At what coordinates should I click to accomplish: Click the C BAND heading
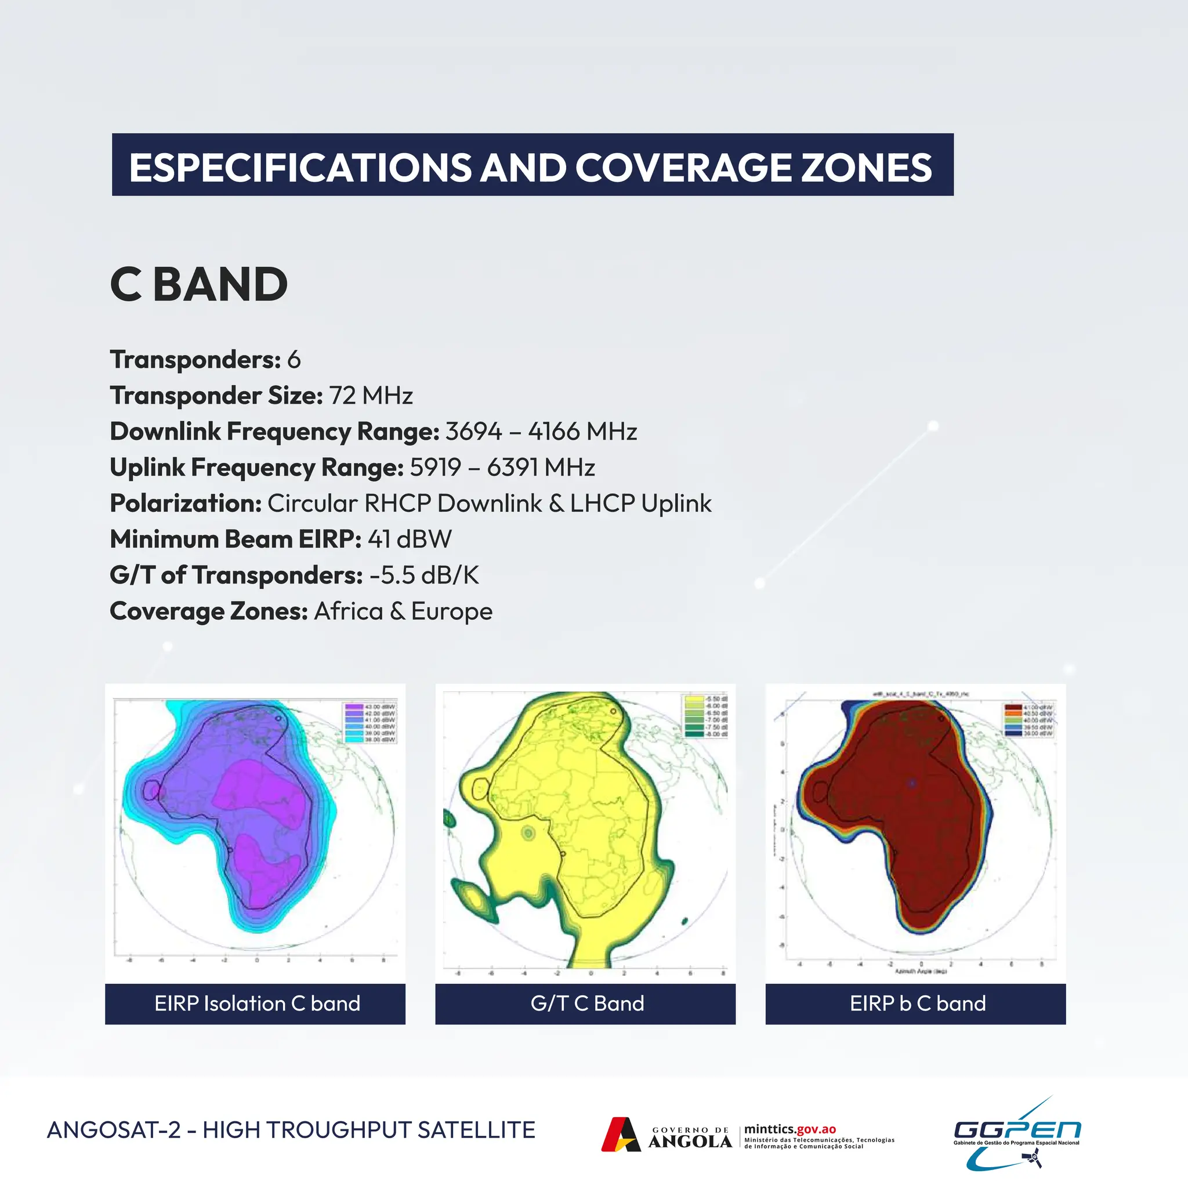click(x=198, y=285)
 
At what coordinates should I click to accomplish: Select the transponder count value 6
click(x=294, y=360)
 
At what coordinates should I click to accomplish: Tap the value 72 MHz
click(x=371, y=396)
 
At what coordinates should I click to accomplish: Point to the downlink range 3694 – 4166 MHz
click(x=541, y=432)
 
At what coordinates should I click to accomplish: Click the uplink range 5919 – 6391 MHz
click(x=502, y=468)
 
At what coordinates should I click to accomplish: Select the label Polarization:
click(x=186, y=504)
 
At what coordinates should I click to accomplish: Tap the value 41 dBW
click(x=410, y=539)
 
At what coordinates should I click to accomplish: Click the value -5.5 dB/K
click(x=423, y=575)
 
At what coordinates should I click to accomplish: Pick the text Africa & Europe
click(x=403, y=611)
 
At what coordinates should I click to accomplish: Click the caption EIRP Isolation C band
click(x=256, y=1004)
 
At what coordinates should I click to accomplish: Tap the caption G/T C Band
click(x=586, y=1004)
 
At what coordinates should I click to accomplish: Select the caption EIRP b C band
click(x=917, y=1004)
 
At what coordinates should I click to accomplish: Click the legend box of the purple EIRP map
click(x=370, y=723)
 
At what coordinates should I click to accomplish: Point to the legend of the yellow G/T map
click(x=706, y=716)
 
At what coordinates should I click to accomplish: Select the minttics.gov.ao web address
click(x=789, y=1129)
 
